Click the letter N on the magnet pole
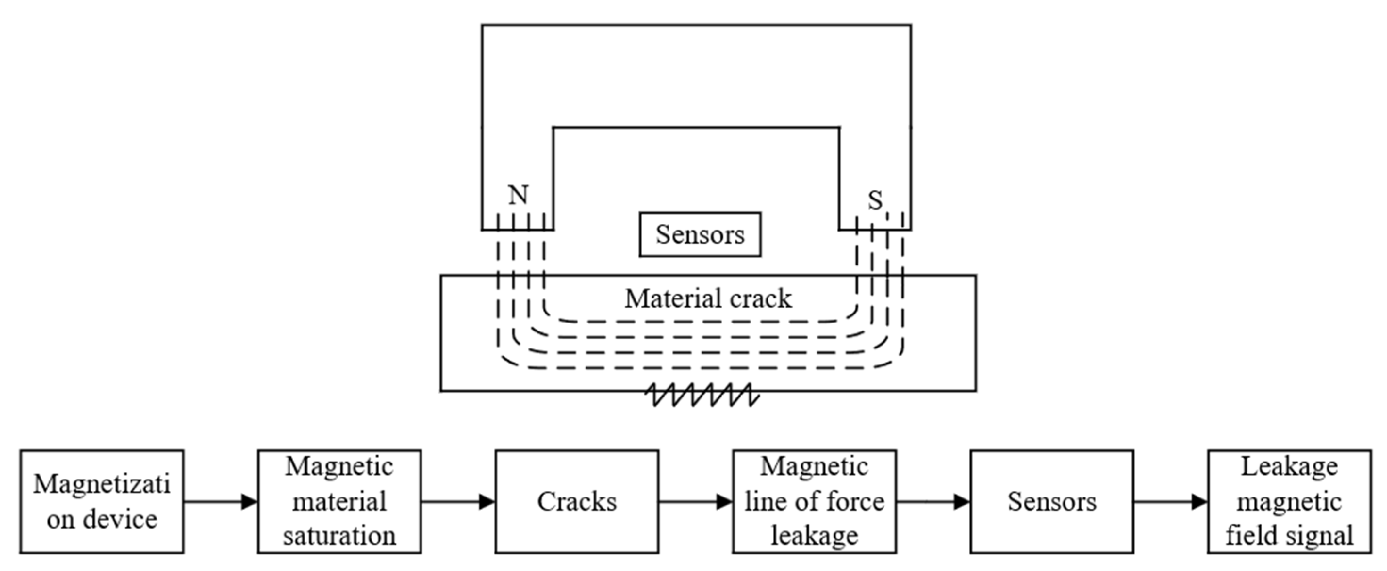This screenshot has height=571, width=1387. (518, 195)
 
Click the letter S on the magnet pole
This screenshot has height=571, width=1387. (875, 201)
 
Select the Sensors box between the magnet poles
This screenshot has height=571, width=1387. (700, 234)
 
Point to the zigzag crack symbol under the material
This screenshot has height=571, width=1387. (702, 395)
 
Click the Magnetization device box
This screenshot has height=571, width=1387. (102, 502)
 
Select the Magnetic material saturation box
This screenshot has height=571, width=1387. (339, 502)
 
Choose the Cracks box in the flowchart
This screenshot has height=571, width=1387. (577, 502)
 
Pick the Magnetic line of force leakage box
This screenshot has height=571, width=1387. (814, 502)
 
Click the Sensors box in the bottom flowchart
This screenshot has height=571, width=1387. (1051, 502)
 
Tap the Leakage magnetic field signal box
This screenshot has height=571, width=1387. (1289, 502)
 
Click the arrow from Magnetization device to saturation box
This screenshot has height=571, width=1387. (221, 502)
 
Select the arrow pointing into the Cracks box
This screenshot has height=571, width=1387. (458, 502)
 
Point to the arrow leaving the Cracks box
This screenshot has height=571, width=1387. (695, 502)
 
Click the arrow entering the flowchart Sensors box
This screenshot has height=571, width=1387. (933, 502)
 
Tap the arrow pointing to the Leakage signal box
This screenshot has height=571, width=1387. (1171, 502)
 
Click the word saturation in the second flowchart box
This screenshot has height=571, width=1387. (339, 536)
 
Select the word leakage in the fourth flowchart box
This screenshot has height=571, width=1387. (814, 536)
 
